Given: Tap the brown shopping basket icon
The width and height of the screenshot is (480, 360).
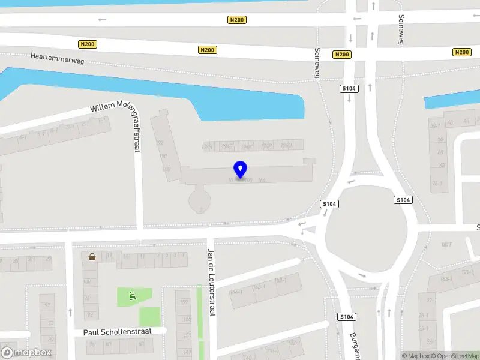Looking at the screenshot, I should [92, 257].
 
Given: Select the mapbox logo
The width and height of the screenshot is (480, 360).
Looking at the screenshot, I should [26, 353].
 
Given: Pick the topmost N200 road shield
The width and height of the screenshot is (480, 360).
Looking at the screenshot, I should [238, 20].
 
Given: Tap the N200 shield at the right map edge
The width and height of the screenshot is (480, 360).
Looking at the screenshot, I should [462, 52].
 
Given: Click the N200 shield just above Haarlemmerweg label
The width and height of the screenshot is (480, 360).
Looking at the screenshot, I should [88, 44].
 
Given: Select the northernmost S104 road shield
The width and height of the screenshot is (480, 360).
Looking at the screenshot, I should [349, 89].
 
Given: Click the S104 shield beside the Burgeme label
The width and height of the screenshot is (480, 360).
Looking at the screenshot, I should [346, 317].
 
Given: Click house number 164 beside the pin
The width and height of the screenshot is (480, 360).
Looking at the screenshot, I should [261, 180].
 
